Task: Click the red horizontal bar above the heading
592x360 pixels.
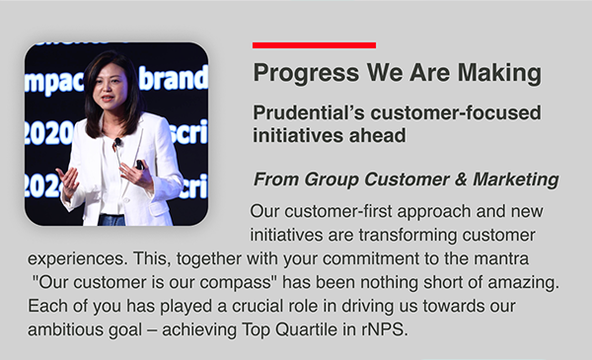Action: tap(314, 45)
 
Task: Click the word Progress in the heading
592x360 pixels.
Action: tap(306, 73)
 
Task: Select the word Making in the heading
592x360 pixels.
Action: tap(499, 73)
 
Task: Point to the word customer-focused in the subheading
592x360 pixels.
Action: tap(456, 112)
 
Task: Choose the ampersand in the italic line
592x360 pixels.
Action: tap(461, 180)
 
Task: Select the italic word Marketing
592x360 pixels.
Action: tap(516, 180)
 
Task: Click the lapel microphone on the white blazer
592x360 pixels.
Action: tap(117, 142)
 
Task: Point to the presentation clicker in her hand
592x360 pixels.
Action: tap(140, 165)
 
